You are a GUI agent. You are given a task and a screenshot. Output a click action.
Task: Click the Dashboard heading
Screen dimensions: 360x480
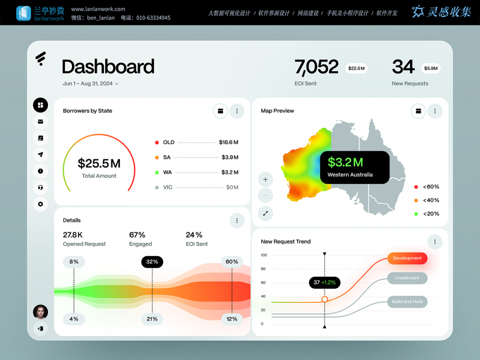point(108,67)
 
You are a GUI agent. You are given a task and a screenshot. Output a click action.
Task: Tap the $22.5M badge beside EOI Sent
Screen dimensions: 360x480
point(356,68)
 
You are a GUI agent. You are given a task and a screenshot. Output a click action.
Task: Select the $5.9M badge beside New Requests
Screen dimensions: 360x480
point(431,68)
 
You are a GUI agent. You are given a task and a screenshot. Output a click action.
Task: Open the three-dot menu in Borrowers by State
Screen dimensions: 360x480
point(237,111)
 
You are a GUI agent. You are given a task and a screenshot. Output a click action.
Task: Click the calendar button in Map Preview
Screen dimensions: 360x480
point(418,111)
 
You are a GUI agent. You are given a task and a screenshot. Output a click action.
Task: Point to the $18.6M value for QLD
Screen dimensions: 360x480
point(228,143)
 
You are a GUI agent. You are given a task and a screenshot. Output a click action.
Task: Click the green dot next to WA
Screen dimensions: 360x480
point(157,172)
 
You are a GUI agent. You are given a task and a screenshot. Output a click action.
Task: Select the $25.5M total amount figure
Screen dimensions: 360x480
point(99,164)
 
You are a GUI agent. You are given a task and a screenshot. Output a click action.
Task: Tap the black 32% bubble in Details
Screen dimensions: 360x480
point(152,262)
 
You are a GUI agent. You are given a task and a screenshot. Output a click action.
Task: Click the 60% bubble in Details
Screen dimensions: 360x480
point(232,262)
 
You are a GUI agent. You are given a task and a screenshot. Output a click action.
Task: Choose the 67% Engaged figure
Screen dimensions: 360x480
point(137,235)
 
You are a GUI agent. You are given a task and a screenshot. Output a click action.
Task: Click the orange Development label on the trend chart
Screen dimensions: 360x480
point(407,258)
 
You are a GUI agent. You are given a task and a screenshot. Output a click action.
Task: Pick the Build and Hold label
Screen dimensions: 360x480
point(407,301)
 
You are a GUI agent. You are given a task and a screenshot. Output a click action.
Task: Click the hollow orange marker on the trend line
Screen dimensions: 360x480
point(324,299)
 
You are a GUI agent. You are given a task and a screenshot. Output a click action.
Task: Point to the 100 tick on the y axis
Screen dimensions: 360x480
point(264,255)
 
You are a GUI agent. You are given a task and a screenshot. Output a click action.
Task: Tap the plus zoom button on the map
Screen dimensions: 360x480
point(265,180)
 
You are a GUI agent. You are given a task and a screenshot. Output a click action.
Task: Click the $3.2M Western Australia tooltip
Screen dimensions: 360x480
point(354,167)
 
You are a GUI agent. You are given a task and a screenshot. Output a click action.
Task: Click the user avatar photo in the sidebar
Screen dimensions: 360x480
point(40,312)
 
